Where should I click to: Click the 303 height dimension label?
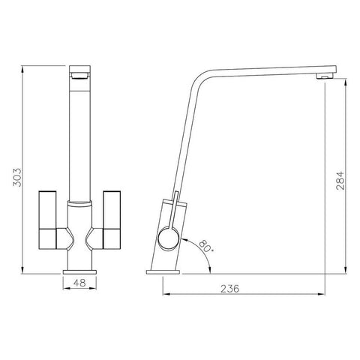[17, 178]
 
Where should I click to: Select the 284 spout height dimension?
[340, 181]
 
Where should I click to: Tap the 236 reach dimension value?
[229, 289]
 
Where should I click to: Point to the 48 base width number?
[79, 283]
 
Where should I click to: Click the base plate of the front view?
[79, 272]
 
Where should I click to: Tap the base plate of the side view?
[163, 272]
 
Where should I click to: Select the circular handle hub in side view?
[169, 238]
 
